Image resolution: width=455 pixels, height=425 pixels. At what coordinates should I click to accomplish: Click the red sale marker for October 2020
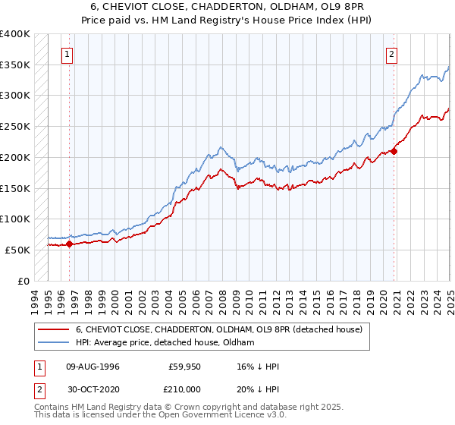[x=394, y=151]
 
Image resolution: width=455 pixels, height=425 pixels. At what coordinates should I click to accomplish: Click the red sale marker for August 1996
[x=69, y=244]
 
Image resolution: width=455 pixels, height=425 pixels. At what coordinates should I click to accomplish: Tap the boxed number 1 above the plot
[x=68, y=54]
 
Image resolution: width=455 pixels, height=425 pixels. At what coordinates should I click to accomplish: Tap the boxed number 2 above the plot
[x=391, y=54]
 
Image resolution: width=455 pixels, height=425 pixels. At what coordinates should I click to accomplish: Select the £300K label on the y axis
[x=15, y=96]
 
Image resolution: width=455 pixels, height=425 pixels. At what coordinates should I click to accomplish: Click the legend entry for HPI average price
[x=165, y=343]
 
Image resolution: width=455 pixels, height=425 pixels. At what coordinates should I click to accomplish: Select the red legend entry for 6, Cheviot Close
[x=220, y=329]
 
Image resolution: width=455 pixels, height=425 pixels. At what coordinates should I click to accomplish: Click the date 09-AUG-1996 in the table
[x=93, y=366]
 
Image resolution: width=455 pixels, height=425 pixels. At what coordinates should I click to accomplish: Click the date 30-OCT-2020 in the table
[x=93, y=389]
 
